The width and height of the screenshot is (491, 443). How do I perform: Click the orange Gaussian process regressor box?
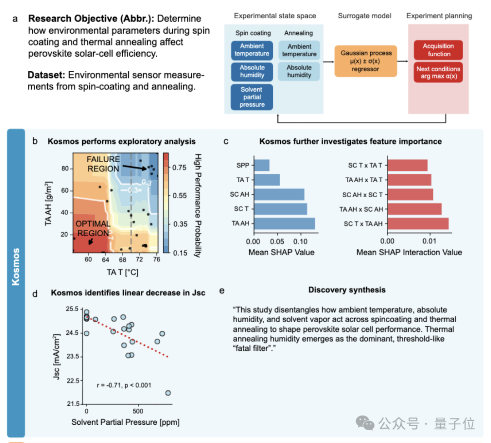coord(366,60)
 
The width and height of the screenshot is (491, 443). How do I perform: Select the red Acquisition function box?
coord(438,50)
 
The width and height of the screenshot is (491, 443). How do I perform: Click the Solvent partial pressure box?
coord(252,97)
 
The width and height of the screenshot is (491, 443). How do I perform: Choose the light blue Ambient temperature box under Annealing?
coord(299,50)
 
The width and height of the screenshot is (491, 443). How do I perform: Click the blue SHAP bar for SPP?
coord(261,165)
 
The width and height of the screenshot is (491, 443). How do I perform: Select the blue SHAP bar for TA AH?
coord(284,224)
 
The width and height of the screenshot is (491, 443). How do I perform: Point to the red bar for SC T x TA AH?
coord(418,224)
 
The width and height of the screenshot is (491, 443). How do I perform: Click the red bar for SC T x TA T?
coord(407,165)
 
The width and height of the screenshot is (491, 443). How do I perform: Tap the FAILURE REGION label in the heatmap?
coord(104,164)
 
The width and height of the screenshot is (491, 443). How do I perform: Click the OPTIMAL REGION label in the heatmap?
coord(93,229)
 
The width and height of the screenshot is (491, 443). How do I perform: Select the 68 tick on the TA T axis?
coord(122,259)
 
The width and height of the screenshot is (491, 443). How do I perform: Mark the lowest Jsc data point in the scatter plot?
coord(168,393)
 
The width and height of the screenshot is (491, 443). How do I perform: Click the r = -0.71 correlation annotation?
coord(124,385)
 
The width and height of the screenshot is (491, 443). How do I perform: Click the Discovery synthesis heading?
coord(347,290)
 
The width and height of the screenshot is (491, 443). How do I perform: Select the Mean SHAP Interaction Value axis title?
coord(409,252)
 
